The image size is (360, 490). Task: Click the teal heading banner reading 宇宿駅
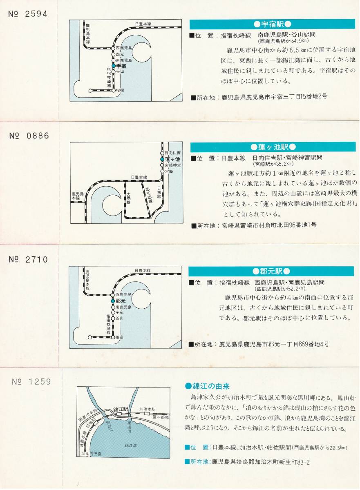[272, 24]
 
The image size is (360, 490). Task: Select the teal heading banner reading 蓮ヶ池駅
[273, 147]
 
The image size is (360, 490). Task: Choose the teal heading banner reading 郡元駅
[271, 271]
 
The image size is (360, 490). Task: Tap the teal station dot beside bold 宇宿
[114, 65]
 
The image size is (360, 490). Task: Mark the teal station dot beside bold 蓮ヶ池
[162, 159]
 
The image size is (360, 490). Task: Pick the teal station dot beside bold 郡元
[113, 301]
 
